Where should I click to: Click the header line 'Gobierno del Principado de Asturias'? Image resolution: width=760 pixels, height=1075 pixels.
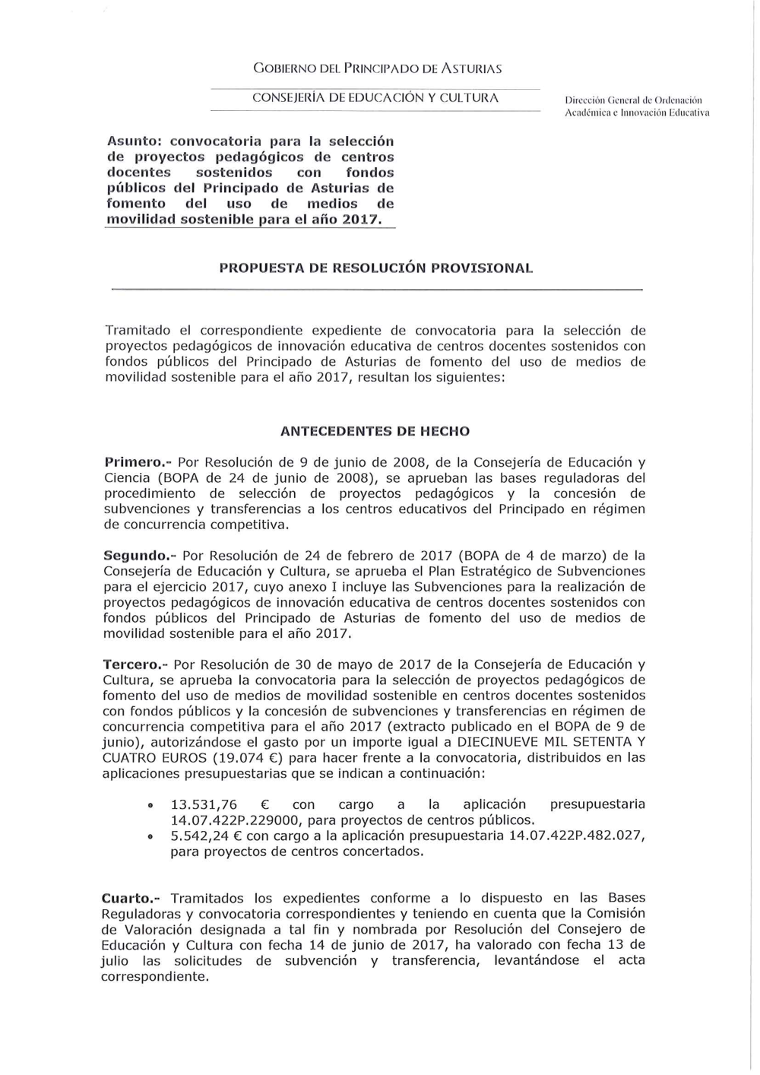tap(378, 68)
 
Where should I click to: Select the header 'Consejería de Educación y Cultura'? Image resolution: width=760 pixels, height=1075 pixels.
tap(375, 98)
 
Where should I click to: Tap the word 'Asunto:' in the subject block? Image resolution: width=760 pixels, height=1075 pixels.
tap(134, 141)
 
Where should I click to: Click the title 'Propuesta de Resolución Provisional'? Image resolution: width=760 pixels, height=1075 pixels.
tap(375, 268)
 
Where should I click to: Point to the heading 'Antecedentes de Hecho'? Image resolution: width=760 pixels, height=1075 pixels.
tap(375, 431)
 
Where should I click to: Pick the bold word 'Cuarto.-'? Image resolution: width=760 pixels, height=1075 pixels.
tap(135, 898)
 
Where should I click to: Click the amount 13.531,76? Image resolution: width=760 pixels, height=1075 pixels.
tap(204, 804)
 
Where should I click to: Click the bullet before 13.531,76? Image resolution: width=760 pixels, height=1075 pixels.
tap(150, 805)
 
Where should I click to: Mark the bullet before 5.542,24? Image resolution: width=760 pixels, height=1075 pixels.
tap(150, 836)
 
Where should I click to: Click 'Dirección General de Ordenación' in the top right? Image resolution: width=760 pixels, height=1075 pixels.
tap(634, 100)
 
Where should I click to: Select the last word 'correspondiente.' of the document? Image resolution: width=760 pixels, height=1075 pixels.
tap(155, 976)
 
